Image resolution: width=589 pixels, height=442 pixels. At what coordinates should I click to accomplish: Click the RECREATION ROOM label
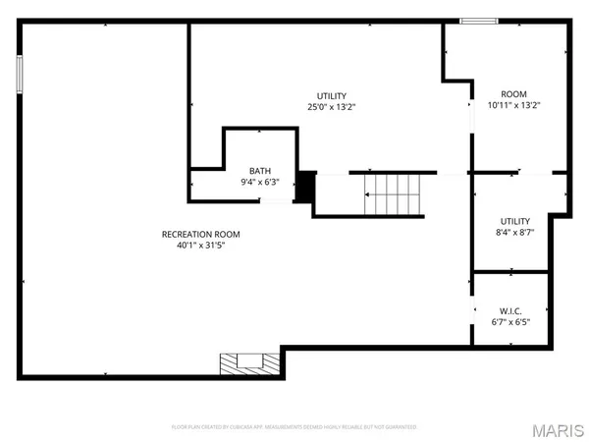[200, 234]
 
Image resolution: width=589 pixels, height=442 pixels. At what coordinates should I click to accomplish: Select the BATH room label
[260, 170]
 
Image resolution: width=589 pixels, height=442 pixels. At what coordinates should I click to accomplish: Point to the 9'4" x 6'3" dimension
[260, 182]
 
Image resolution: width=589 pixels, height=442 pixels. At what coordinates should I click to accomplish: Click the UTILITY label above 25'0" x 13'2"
[330, 95]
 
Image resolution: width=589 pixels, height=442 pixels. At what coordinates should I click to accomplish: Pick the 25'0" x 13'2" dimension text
[330, 107]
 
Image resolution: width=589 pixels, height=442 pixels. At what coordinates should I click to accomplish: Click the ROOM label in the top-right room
[514, 92]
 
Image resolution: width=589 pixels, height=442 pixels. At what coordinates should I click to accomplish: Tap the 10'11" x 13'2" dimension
[514, 104]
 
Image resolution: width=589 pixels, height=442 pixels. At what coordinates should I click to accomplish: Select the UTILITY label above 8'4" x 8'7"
[513, 221]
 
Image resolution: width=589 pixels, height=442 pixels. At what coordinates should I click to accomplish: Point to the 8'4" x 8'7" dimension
[513, 233]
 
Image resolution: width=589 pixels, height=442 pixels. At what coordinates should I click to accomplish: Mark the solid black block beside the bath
[305, 186]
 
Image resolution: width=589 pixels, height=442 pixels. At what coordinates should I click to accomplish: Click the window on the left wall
[19, 74]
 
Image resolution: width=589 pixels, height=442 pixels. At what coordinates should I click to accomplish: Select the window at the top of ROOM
[479, 21]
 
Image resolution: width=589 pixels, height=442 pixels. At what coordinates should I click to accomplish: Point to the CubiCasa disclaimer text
[294, 427]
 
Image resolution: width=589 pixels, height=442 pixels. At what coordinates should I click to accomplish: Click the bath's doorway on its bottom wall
[277, 201]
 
